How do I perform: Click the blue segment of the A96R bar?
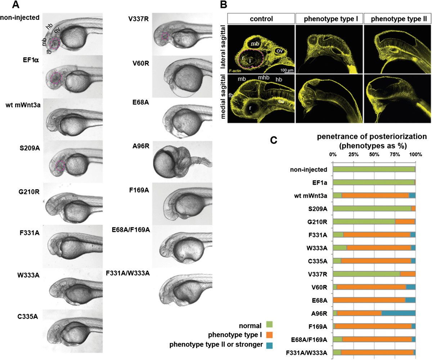(x=399, y=314)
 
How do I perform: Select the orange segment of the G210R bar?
(x=405, y=222)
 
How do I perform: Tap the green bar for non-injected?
(x=374, y=169)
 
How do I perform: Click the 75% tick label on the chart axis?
(x=395, y=154)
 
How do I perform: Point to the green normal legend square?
(x=269, y=324)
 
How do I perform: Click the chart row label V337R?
(x=318, y=274)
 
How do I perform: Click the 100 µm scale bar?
(x=287, y=72)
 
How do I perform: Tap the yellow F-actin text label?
(x=235, y=71)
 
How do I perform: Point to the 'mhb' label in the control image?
(x=264, y=78)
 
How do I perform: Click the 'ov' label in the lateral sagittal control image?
(x=279, y=51)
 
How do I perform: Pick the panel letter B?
(x=224, y=5)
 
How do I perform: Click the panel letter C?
(x=274, y=140)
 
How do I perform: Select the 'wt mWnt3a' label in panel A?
(x=23, y=105)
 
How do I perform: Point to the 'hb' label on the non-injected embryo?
(x=50, y=27)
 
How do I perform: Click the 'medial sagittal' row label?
(x=223, y=97)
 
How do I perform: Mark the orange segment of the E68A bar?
(x=369, y=300)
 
